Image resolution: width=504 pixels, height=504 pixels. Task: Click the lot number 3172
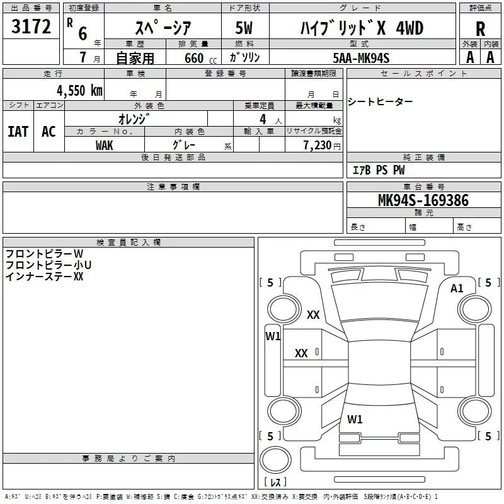point(31,27)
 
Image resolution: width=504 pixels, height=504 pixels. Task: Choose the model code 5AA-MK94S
point(362,58)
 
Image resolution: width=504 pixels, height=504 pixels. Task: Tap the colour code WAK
point(105,145)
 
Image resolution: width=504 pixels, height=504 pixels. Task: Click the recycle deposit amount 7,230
point(317,146)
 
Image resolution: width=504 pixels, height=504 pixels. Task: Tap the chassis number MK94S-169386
point(423,200)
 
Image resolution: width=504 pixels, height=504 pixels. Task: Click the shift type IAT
point(18,131)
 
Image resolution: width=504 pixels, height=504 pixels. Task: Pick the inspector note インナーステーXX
point(44,276)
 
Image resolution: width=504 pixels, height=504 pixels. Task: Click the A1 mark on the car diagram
point(457,288)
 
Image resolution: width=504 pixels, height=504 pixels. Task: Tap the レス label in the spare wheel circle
point(275,483)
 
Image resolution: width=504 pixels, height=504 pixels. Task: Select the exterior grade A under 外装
point(469,57)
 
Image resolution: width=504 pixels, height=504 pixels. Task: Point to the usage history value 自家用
point(135,58)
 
